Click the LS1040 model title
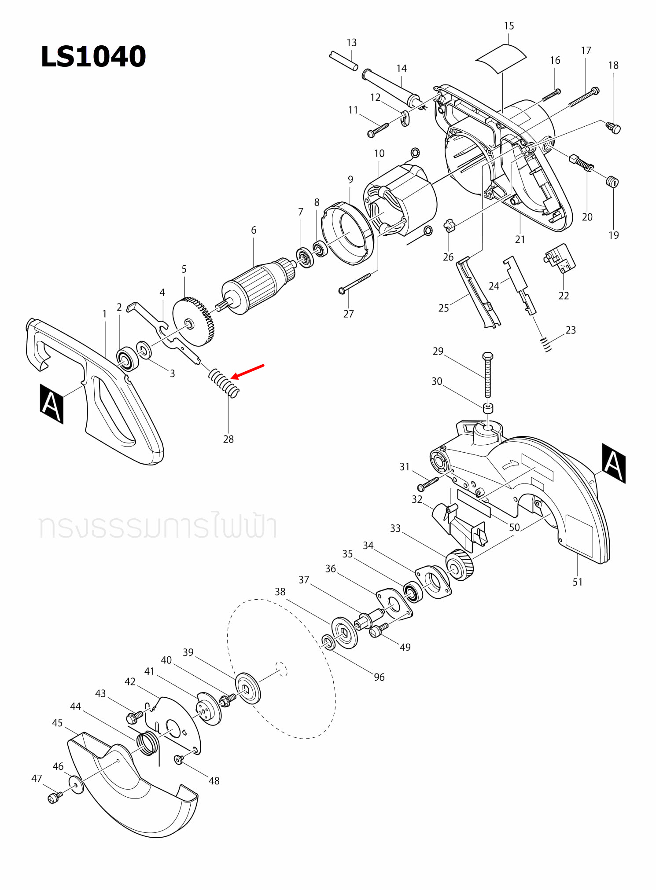click(x=93, y=57)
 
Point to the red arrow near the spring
click(x=247, y=371)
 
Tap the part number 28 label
click(x=228, y=439)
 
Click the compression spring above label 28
click(x=224, y=383)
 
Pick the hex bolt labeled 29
click(x=488, y=374)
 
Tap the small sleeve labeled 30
click(x=488, y=408)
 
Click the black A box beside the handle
click(x=52, y=403)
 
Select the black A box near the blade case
click(x=613, y=463)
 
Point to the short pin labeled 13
click(x=343, y=61)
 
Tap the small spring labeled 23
click(x=546, y=344)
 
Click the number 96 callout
click(x=379, y=677)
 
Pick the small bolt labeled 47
click(x=54, y=798)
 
